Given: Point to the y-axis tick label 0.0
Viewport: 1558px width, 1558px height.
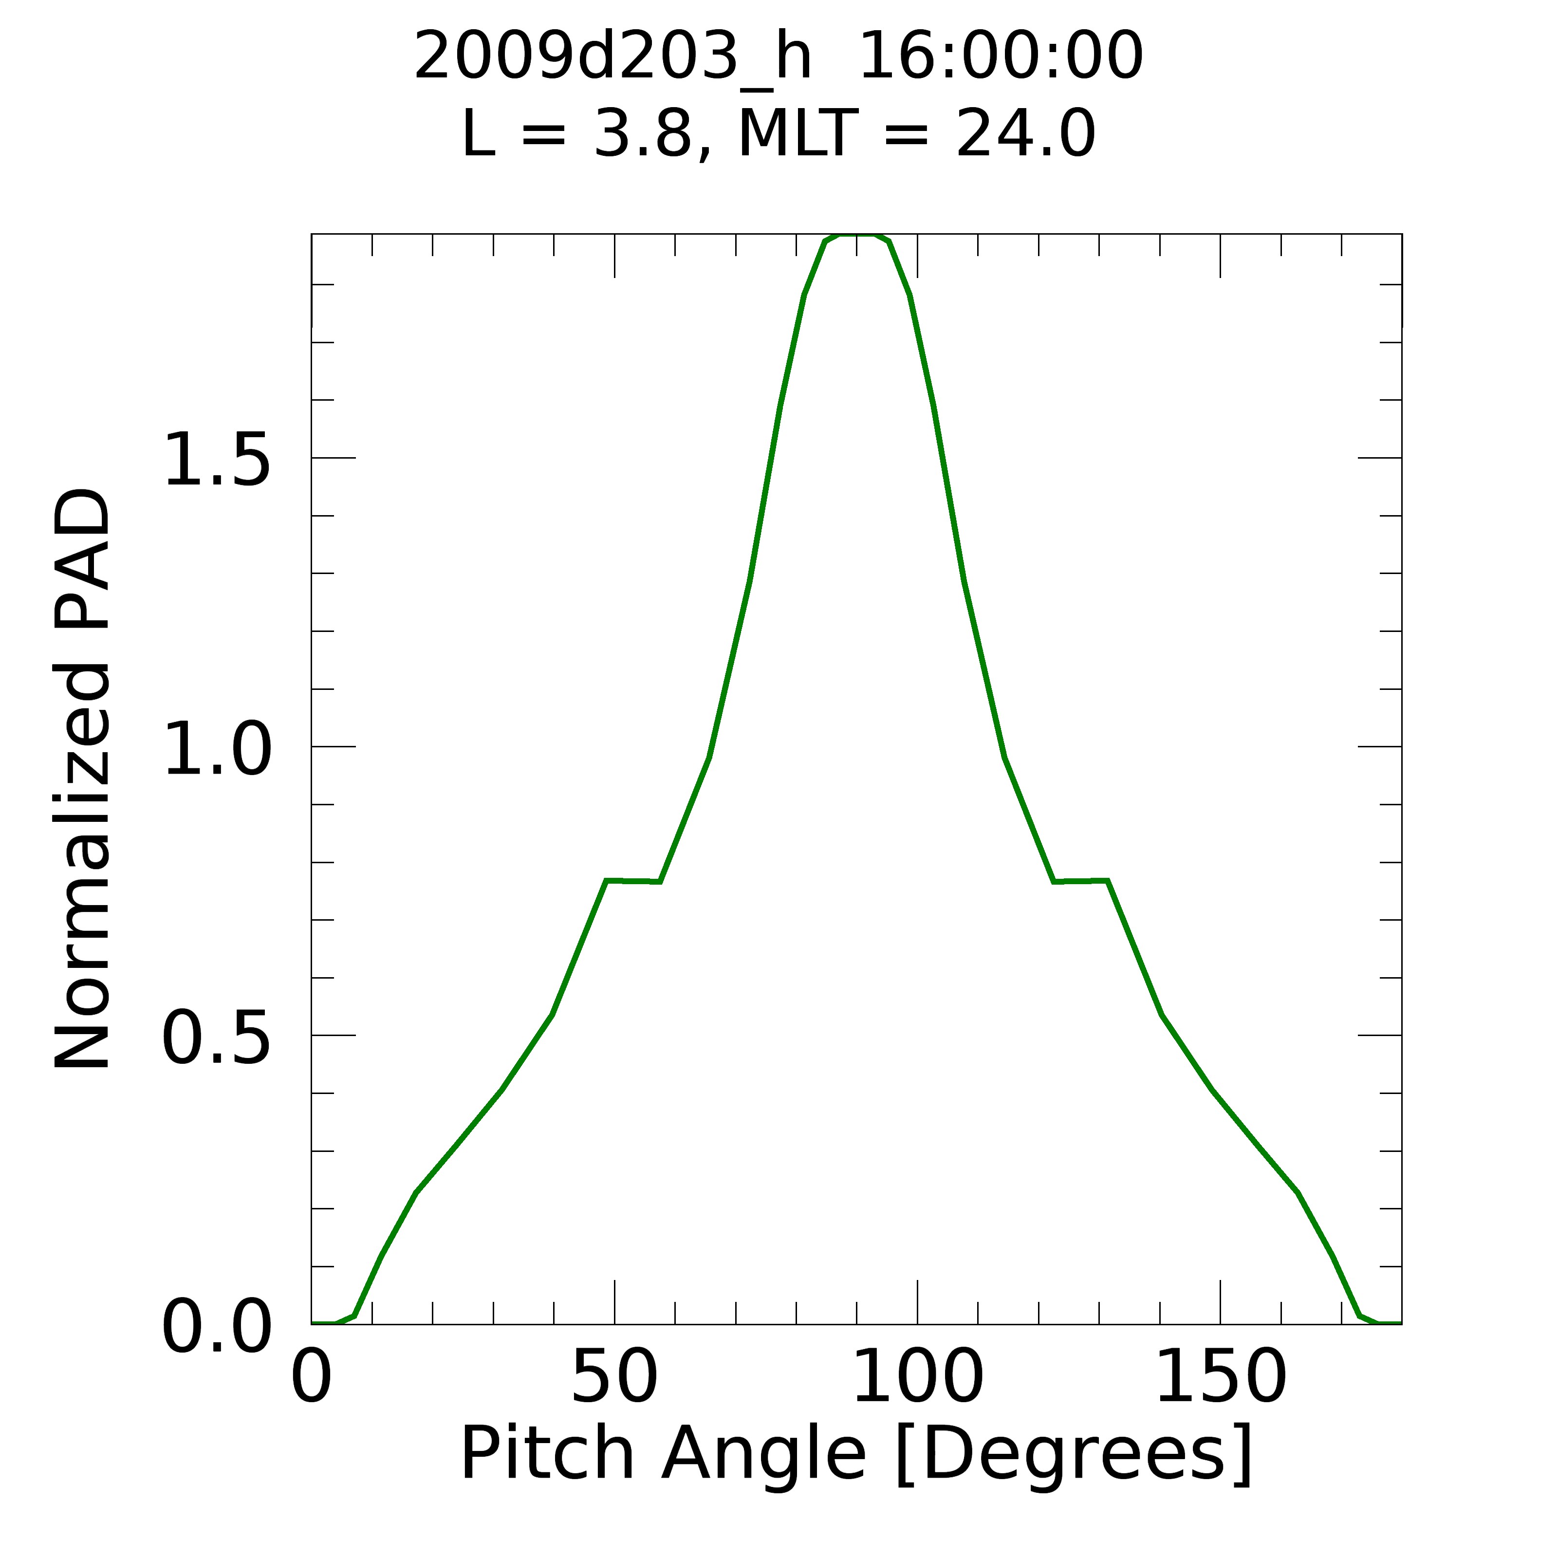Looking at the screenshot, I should tap(216, 1327).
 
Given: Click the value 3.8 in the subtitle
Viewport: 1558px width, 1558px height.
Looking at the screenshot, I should tap(643, 135).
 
